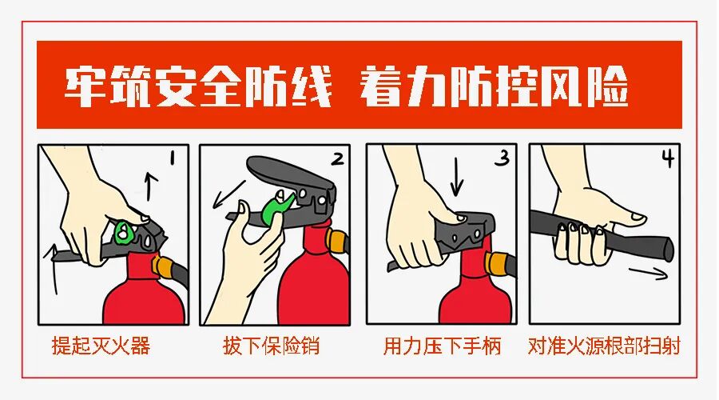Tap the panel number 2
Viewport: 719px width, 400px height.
pos(338,158)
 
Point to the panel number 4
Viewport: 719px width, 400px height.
pos(667,158)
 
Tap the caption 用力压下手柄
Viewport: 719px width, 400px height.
pos(442,347)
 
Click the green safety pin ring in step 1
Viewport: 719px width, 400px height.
pos(124,232)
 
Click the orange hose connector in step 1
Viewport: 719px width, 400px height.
pos(165,266)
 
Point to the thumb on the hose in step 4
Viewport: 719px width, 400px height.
pos(631,215)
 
